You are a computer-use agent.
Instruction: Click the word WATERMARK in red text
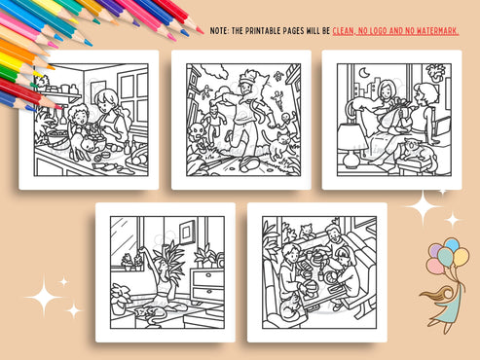point(429,31)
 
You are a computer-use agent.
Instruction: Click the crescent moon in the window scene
point(364,73)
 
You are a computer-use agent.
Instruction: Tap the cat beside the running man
point(283,146)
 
